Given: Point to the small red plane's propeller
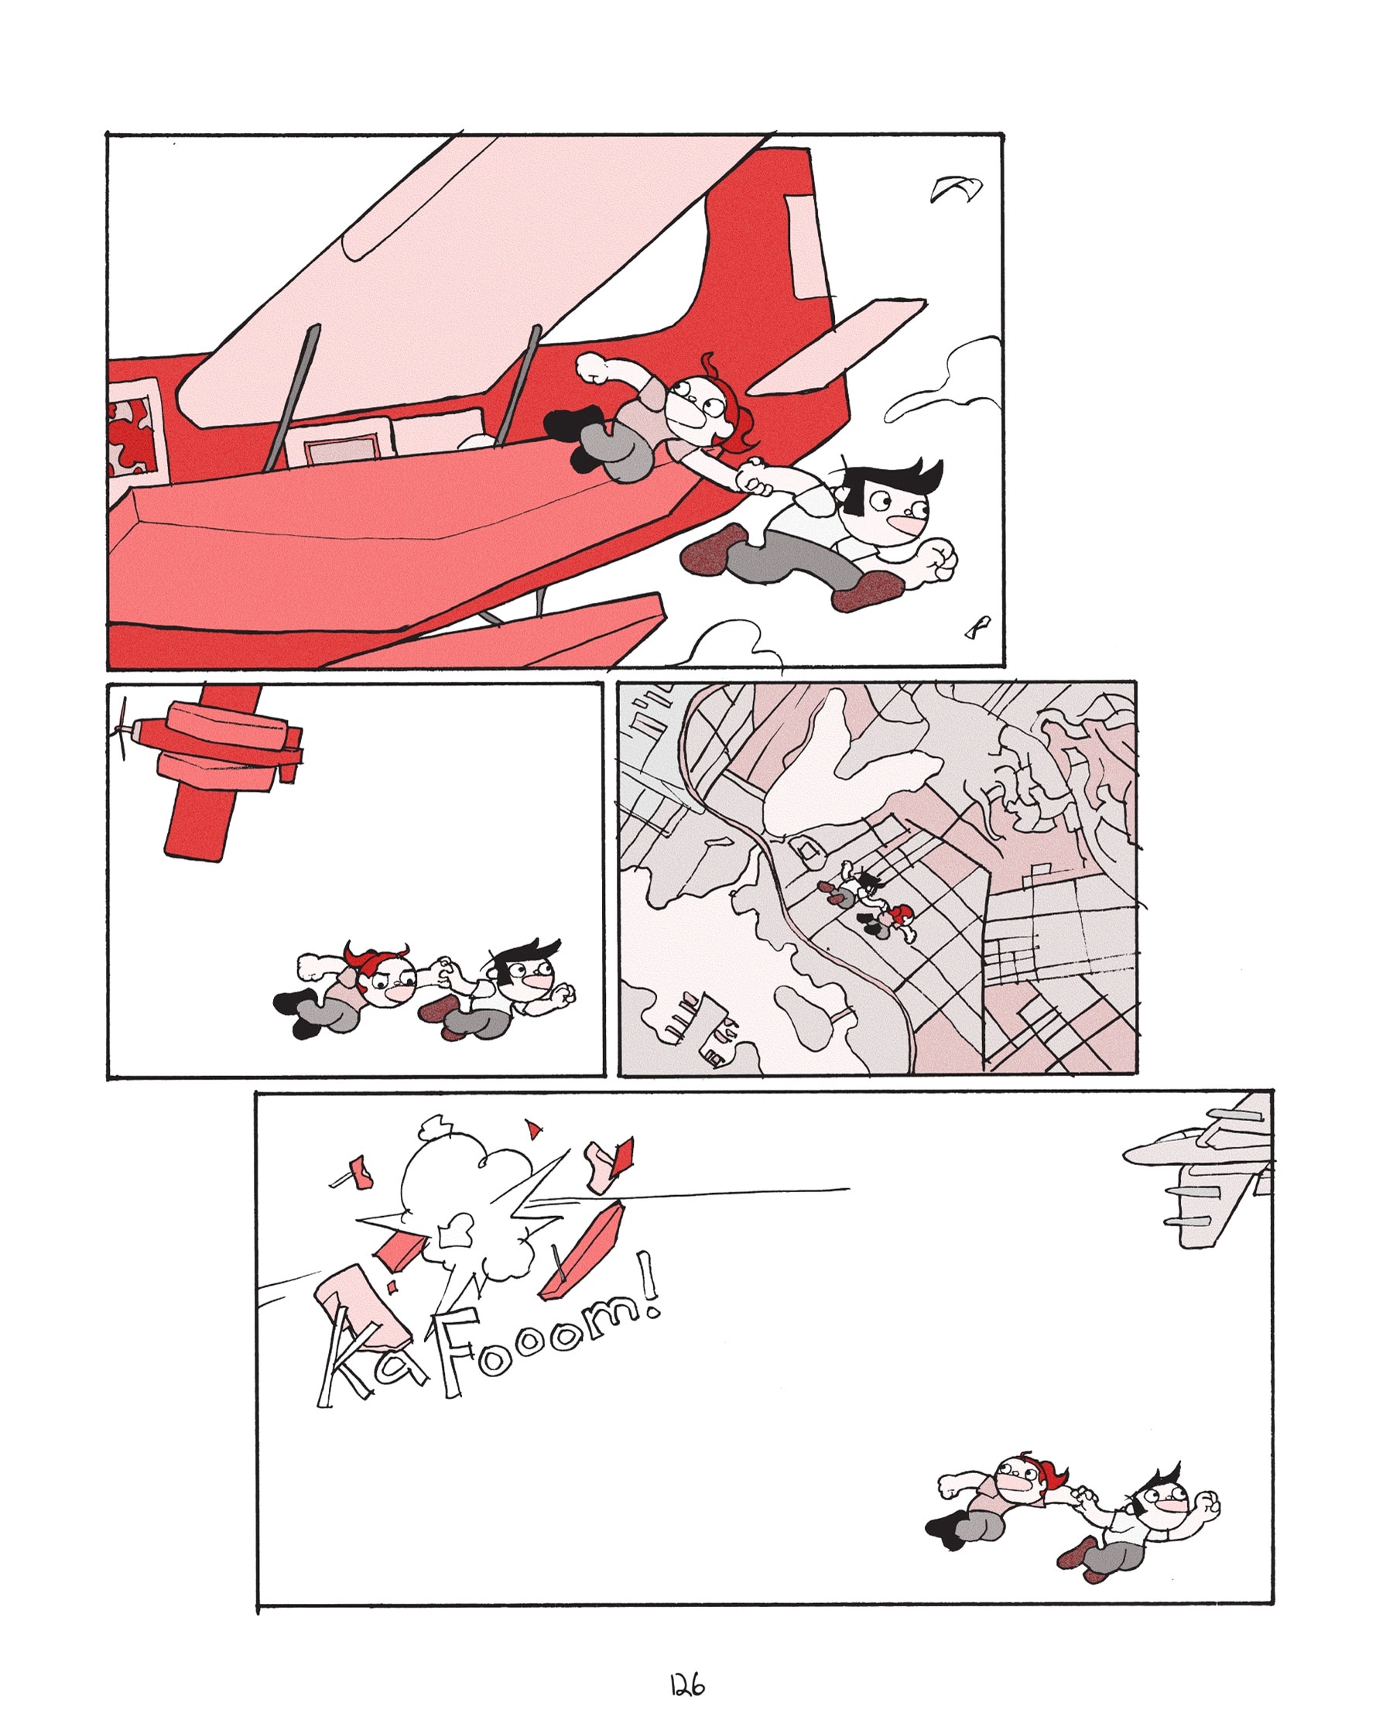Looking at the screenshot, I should click(x=122, y=728).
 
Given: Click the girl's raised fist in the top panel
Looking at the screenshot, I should click(x=594, y=368).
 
